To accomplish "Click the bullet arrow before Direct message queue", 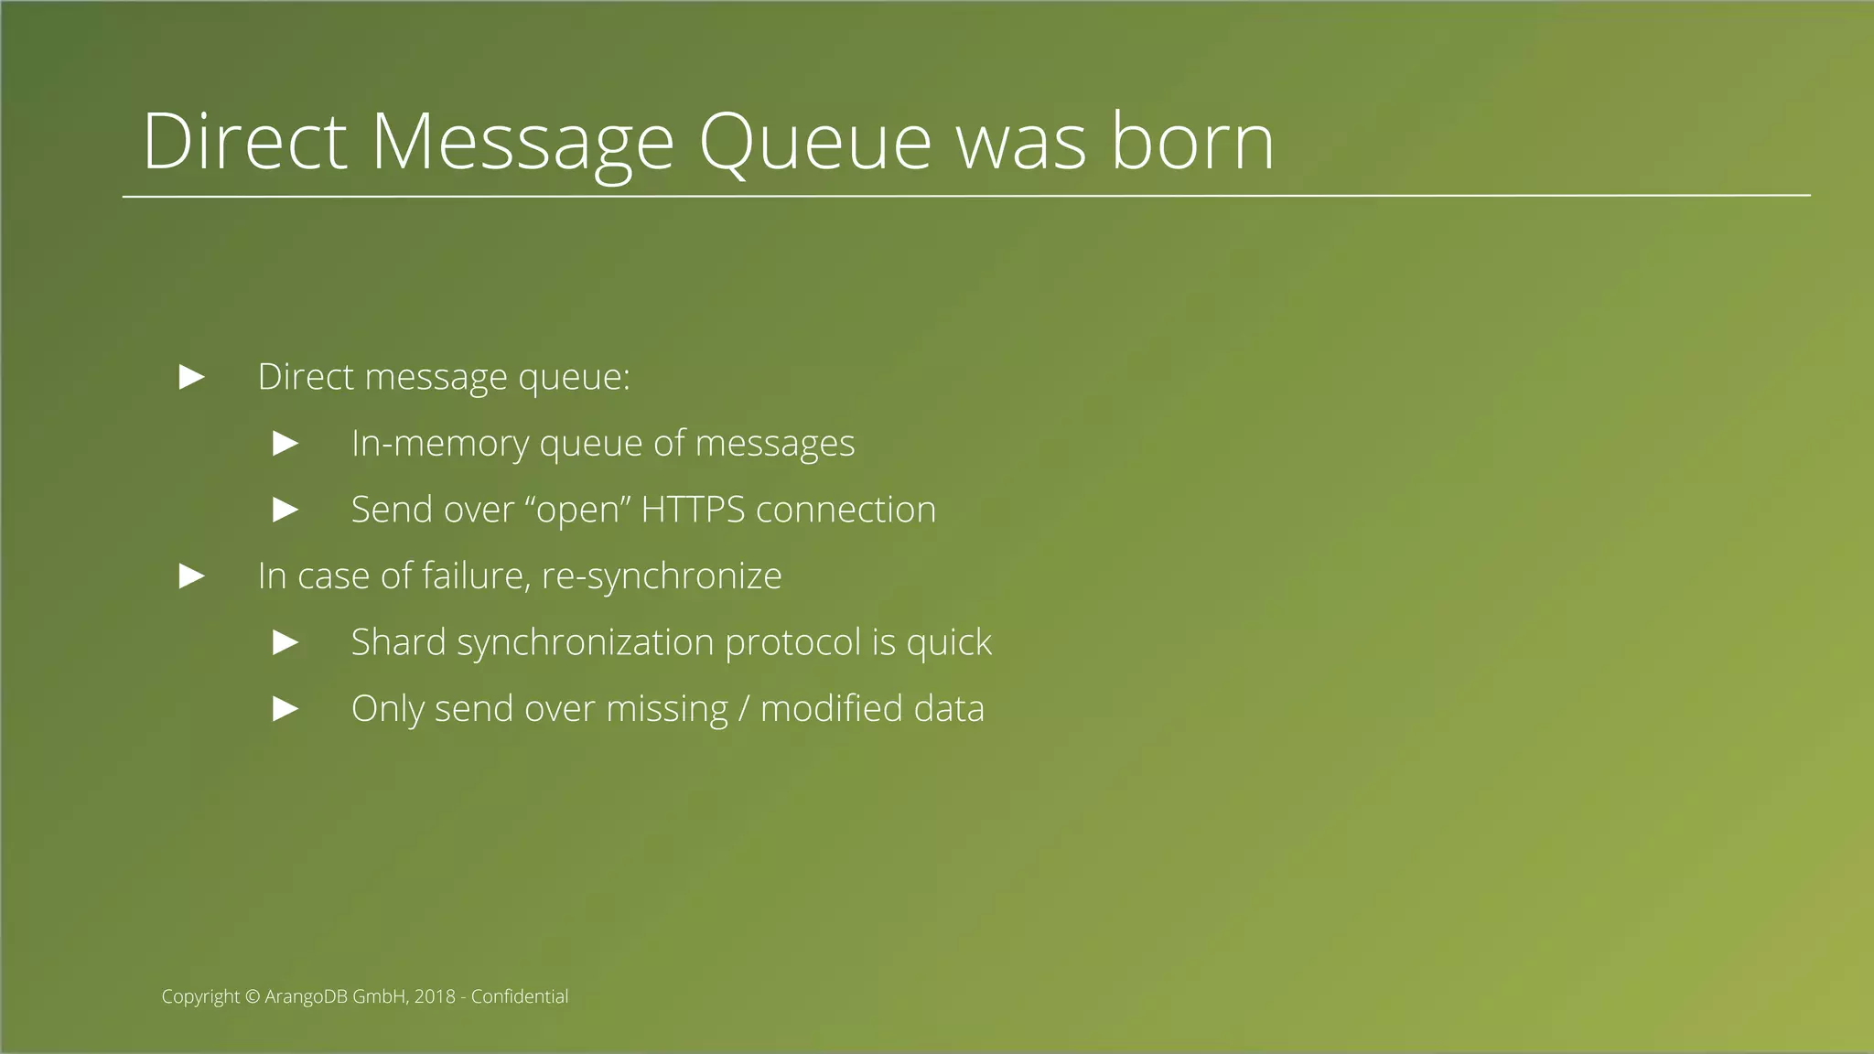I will [x=192, y=377].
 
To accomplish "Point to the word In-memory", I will [x=440, y=444].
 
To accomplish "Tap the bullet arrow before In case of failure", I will [x=192, y=576].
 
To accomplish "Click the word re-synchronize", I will [x=662, y=576].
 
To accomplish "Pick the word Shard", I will [x=398, y=642].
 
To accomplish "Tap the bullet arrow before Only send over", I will [x=286, y=709].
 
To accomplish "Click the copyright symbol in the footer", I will [x=253, y=996].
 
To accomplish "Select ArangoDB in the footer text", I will [x=307, y=996].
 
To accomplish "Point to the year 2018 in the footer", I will [x=435, y=996].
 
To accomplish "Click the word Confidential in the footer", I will [x=519, y=996].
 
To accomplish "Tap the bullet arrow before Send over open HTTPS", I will [x=286, y=510].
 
